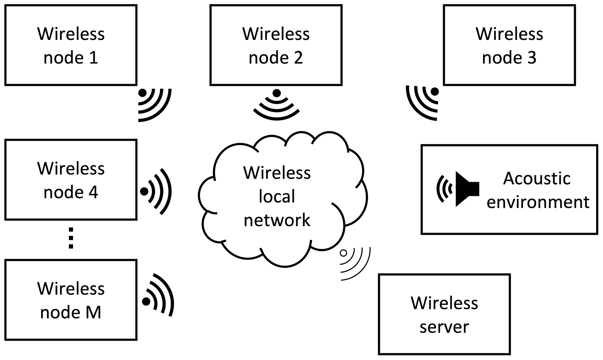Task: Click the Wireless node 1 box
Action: pos(71,45)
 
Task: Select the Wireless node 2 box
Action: pos(276,45)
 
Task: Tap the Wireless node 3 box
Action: pos(509,45)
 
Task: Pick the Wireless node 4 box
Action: pos(71,179)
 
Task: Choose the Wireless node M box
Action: pos(71,300)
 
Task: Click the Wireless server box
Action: pos(444,314)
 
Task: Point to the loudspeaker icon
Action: pos(467,189)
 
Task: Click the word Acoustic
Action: pos(536,178)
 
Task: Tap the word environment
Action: pos(538,202)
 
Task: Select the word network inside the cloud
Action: pos(277,220)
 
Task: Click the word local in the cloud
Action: pos(277,196)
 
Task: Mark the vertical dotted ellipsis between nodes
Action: pos(71,238)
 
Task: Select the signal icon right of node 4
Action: pos(156,191)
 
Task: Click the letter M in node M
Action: pos(93,312)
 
